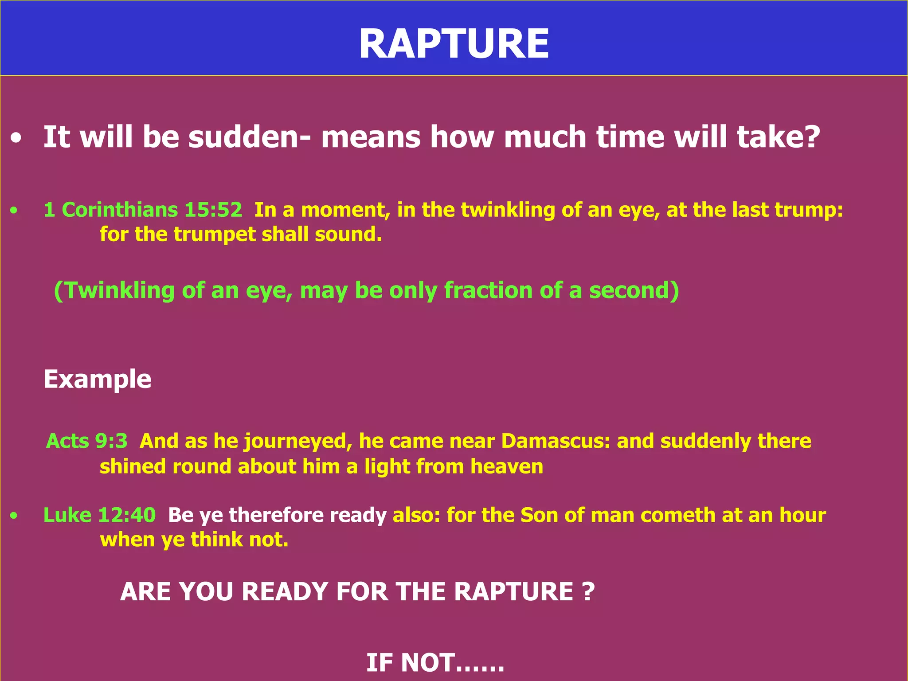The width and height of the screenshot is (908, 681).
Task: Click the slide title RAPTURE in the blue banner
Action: pyautogui.click(x=454, y=43)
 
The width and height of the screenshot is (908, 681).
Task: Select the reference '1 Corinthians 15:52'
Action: pyautogui.click(x=143, y=210)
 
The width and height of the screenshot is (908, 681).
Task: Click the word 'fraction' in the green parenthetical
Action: pyautogui.click(x=488, y=290)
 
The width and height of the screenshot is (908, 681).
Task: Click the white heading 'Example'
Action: pyautogui.click(x=98, y=380)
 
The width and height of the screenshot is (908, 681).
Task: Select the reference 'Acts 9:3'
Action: pyautogui.click(x=87, y=441)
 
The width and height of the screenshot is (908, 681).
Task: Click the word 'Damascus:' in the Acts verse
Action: pyautogui.click(x=556, y=441)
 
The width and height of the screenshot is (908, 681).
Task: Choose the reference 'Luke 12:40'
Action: pyautogui.click(x=99, y=515)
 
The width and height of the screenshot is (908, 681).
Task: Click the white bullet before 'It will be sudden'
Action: pyautogui.click(x=16, y=139)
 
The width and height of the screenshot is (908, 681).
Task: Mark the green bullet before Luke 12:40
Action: pyautogui.click(x=15, y=516)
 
